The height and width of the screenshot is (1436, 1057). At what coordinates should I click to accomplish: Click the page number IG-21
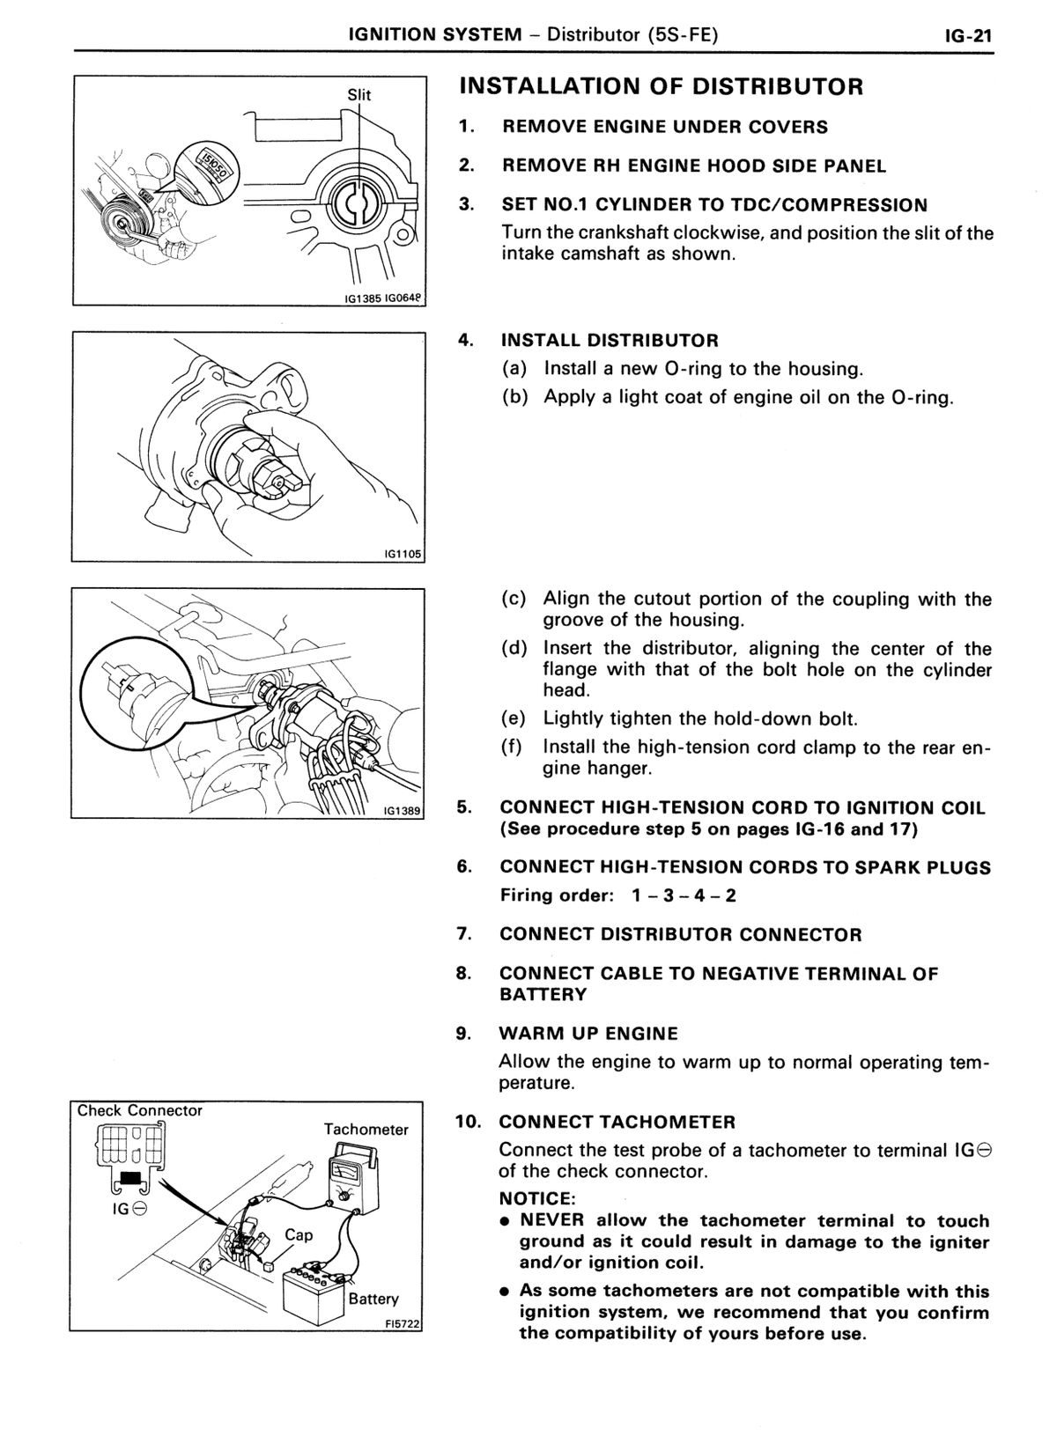(968, 35)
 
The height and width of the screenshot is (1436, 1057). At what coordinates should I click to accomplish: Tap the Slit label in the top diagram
(358, 95)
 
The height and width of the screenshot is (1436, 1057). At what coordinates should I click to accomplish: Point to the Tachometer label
(366, 1130)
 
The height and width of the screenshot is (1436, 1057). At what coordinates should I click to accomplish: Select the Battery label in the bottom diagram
(373, 1299)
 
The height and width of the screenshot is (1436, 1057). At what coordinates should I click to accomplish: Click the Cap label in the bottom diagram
(299, 1235)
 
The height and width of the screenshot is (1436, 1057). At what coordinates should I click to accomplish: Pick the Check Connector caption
(140, 1110)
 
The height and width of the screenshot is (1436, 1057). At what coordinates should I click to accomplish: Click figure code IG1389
(403, 810)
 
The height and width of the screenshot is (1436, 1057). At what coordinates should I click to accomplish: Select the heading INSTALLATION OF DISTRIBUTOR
(662, 86)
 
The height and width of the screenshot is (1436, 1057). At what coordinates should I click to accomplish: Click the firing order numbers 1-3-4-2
(683, 895)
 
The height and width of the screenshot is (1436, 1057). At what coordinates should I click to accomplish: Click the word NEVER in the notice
(551, 1220)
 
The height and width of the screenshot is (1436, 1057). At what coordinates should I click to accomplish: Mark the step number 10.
(469, 1122)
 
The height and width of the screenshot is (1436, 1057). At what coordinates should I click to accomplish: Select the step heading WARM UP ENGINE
(588, 1034)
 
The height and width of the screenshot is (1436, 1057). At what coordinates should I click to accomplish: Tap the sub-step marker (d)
(514, 649)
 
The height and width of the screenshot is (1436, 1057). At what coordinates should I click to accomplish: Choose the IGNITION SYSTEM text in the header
(435, 34)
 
